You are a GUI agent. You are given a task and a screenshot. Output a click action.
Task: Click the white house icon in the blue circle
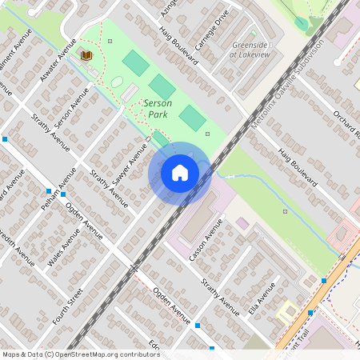(180, 172)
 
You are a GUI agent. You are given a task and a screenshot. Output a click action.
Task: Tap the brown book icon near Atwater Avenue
(86, 55)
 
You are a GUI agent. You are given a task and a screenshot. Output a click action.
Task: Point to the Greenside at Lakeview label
(250, 50)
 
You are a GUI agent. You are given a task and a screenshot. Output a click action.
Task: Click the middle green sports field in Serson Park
(162, 87)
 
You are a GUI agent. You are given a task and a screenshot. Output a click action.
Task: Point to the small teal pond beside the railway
(301, 23)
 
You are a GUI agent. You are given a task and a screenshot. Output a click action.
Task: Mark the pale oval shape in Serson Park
(117, 82)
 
